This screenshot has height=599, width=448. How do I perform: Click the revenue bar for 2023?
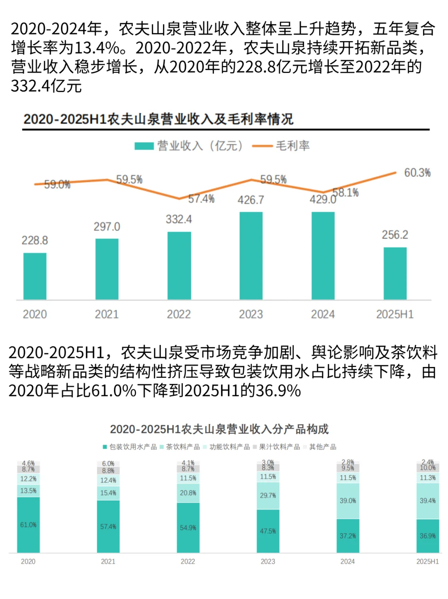click(251, 255)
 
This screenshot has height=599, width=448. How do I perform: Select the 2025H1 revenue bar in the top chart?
click(395, 273)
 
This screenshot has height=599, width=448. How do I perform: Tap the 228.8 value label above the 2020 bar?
click(35, 240)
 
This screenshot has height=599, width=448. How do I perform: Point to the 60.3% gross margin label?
click(417, 173)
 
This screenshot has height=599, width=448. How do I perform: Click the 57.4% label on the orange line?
click(201, 199)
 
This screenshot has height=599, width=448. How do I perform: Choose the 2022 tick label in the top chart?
click(179, 314)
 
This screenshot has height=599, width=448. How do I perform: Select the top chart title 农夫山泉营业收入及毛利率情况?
click(158, 119)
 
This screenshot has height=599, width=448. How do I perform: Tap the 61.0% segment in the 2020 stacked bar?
click(28, 525)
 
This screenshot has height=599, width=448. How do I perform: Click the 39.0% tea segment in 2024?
click(348, 501)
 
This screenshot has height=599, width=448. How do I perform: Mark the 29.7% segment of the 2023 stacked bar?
click(268, 495)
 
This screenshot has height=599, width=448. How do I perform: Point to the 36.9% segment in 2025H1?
click(428, 536)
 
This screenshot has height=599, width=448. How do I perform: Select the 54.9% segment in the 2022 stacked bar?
click(188, 528)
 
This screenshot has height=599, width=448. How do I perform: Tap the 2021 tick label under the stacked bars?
click(108, 561)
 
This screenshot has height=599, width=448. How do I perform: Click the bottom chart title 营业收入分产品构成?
click(219, 429)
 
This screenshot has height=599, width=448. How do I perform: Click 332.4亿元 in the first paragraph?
click(46, 86)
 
